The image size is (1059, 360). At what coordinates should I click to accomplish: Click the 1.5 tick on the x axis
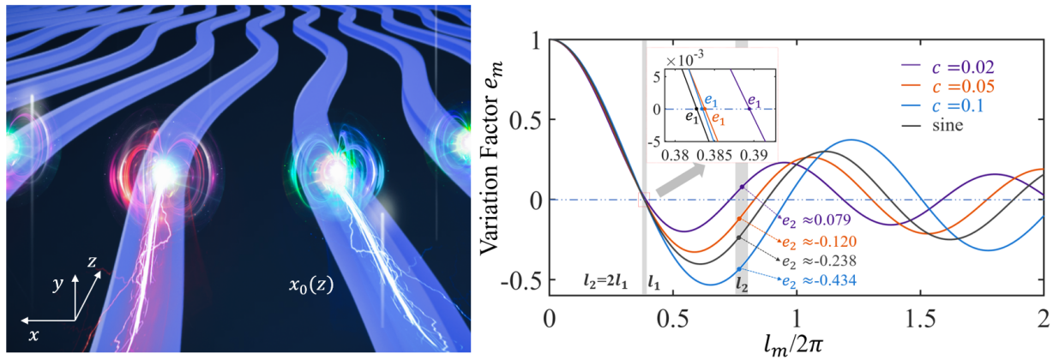pos(920,315)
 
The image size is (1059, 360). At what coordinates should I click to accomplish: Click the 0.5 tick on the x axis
pos(673,315)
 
